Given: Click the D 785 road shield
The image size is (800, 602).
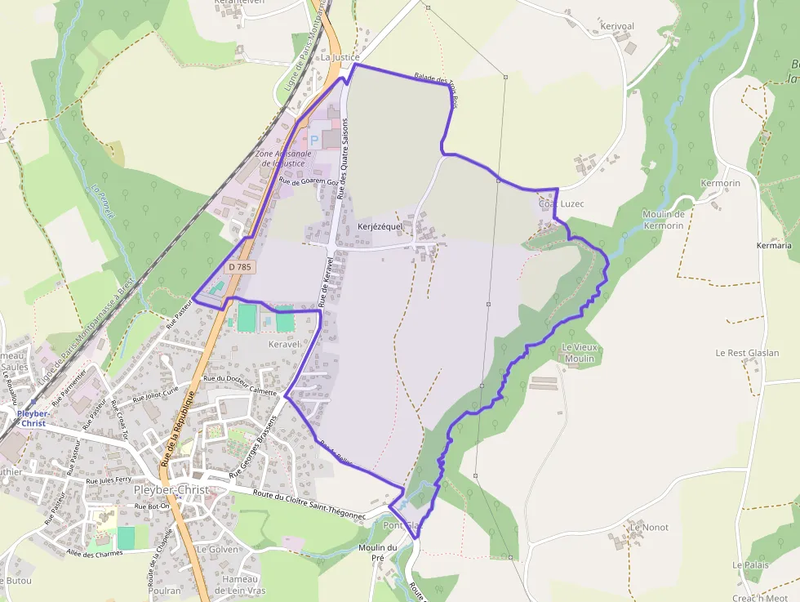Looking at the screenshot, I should click(x=240, y=267).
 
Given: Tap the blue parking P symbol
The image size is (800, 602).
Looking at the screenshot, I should click(x=314, y=140).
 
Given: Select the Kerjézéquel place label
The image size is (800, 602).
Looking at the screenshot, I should click(x=380, y=225).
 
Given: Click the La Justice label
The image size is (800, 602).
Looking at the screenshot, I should click(x=340, y=58).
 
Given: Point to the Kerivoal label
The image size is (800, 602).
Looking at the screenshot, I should click(x=616, y=26).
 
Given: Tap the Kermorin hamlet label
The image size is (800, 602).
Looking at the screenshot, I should click(x=719, y=183).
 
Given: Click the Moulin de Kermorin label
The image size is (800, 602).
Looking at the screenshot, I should click(x=663, y=219).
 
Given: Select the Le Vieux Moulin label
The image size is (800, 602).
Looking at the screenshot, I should click(x=580, y=353).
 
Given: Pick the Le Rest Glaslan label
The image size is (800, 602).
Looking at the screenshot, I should click(x=747, y=353).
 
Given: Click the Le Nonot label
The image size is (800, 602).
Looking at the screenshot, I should click(x=649, y=527).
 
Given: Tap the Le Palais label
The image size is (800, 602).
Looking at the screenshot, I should click(x=749, y=564).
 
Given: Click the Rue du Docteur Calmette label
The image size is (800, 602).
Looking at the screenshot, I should click(x=241, y=384).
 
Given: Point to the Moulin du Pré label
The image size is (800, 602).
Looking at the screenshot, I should click(x=377, y=552).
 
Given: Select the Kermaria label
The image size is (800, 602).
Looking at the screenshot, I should click(x=774, y=245).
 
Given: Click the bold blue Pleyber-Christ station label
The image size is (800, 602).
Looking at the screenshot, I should click(x=33, y=418).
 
